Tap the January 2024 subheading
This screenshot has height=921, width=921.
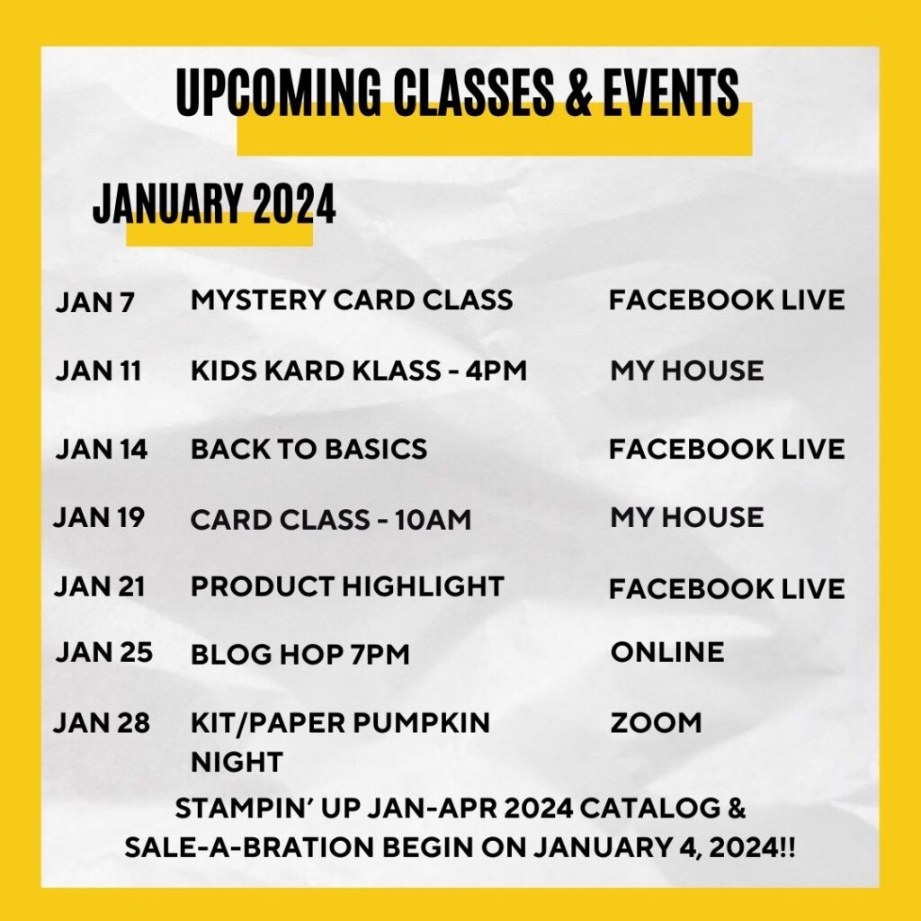(214, 204)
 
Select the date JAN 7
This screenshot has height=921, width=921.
(94, 302)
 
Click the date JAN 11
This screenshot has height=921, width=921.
(98, 371)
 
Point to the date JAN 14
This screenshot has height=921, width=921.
(101, 449)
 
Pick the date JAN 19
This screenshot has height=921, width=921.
(99, 517)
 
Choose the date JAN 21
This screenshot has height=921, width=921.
(100, 586)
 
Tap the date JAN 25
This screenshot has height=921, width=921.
(103, 653)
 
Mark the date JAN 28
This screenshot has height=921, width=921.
(102, 723)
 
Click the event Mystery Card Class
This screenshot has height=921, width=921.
(352, 300)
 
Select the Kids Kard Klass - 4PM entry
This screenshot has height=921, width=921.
(358, 370)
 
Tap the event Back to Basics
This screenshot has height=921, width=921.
(308, 448)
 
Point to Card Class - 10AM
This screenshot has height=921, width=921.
(330, 519)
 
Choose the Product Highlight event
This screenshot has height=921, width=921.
(346, 586)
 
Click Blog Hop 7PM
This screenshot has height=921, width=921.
(300, 655)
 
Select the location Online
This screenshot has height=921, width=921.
(666, 652)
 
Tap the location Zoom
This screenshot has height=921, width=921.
(656, 722)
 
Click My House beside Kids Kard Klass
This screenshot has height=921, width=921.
(686, 370)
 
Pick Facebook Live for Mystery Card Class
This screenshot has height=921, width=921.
(727, 300)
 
